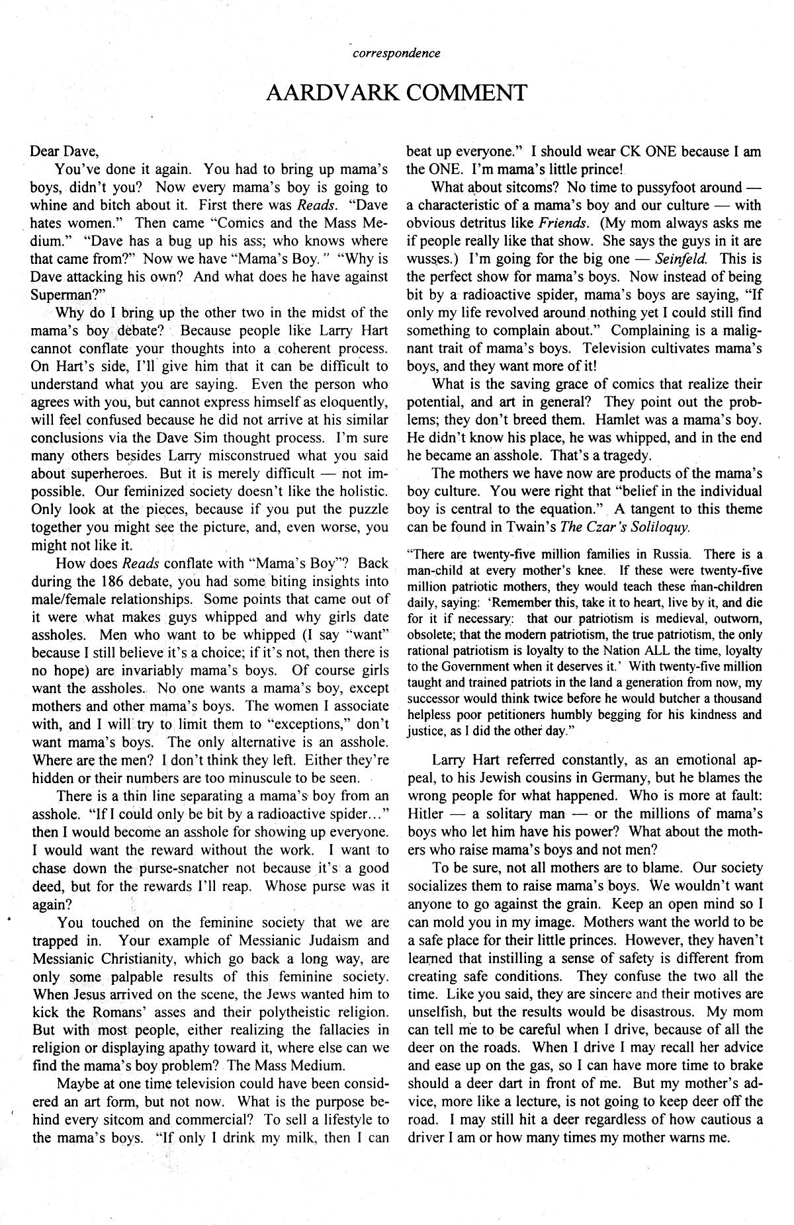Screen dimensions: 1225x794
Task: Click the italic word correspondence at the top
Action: [x=397, y=54]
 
